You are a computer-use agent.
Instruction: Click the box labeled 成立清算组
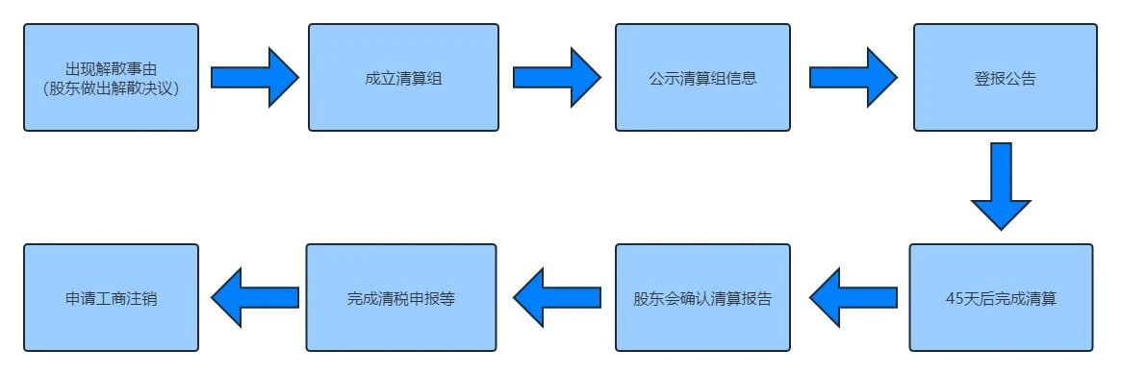403,77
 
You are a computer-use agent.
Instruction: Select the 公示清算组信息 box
702,77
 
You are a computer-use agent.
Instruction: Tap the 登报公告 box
1004,77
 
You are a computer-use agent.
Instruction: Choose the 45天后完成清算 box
1001,297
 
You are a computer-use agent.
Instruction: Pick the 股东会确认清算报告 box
702,297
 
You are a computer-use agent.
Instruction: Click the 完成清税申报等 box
401,297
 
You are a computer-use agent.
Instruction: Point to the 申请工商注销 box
111,297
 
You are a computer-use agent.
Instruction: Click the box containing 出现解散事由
111,77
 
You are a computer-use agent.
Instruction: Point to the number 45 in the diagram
955,298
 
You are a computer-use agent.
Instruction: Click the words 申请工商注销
111,298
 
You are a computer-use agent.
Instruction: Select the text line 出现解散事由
112,67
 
